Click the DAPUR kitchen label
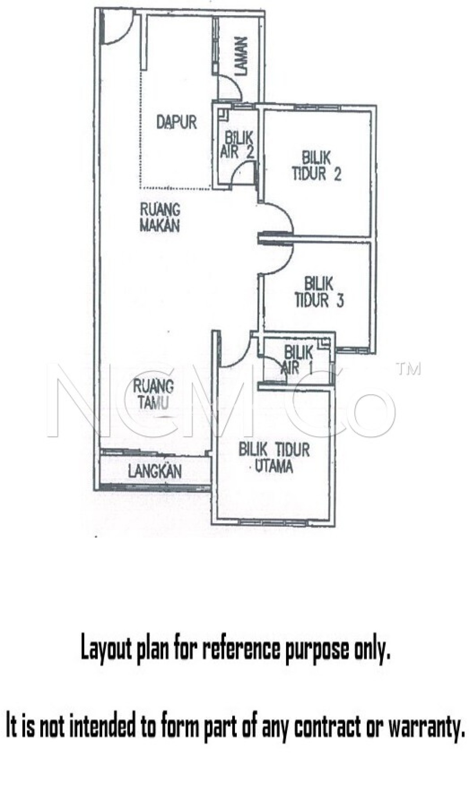point(177,122)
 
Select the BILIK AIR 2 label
point(236,144)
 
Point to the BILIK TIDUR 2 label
point(316,166)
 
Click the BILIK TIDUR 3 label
point(319,293)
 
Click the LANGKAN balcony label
point(155,471)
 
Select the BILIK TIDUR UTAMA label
point(274,458)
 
